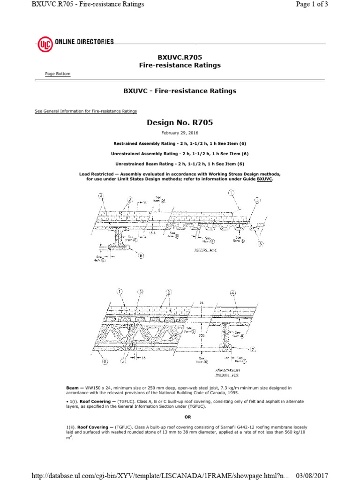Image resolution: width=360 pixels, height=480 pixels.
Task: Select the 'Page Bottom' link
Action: pos(58,74)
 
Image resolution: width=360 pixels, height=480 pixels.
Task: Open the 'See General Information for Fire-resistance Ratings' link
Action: pos(86,111)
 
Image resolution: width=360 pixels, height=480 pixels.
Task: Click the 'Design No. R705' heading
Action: pos(180,123)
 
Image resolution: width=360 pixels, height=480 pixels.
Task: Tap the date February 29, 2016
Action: pos(180,133)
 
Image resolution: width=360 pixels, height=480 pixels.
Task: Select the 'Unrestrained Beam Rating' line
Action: pos(180,164)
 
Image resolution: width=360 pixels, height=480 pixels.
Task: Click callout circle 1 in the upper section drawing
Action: pos(231,192)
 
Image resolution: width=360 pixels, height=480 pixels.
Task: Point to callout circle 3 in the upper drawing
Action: pos(257,200)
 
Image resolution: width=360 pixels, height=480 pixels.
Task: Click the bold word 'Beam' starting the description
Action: pos(72,388)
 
